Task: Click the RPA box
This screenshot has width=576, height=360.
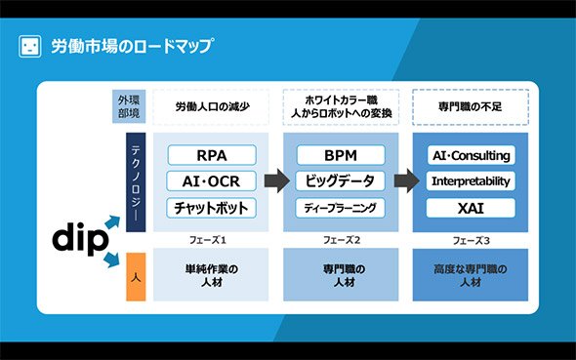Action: click(x=212, y=155)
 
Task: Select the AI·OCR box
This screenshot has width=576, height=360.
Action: click(x=211, y=180)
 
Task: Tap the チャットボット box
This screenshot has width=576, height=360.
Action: click(x=211, y=208)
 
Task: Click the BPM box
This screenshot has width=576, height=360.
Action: click(x=341, y=155)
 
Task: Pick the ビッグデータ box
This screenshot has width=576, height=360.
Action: click(x=340, y=180)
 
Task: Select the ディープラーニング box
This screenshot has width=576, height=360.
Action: click(x=340, y=208)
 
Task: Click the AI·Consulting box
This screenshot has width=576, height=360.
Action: click(x=472, y=155)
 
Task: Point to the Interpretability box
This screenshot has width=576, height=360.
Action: click(x=471, y=180)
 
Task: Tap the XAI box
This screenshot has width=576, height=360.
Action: click(x=471, y=208)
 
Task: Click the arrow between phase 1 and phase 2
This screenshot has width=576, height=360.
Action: click(x=277, y=180)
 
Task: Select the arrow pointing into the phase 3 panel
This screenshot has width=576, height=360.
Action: click(x=407, y=180)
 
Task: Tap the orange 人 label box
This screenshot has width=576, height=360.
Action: click(x=136, y=277)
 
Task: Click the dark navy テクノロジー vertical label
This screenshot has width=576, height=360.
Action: click(x=136, y=182)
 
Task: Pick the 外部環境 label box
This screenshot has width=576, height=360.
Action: click(x=129, y=106)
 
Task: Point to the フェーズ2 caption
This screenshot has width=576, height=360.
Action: click(x=342, y=240)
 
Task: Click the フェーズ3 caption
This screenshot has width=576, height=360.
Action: click(x=471, y=240)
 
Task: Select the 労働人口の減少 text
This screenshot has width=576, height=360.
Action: click(x=212, y=106)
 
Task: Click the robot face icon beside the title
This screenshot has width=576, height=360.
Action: click(x=29, y=47)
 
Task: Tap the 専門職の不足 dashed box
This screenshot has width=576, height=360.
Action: click(x=471, y=106)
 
